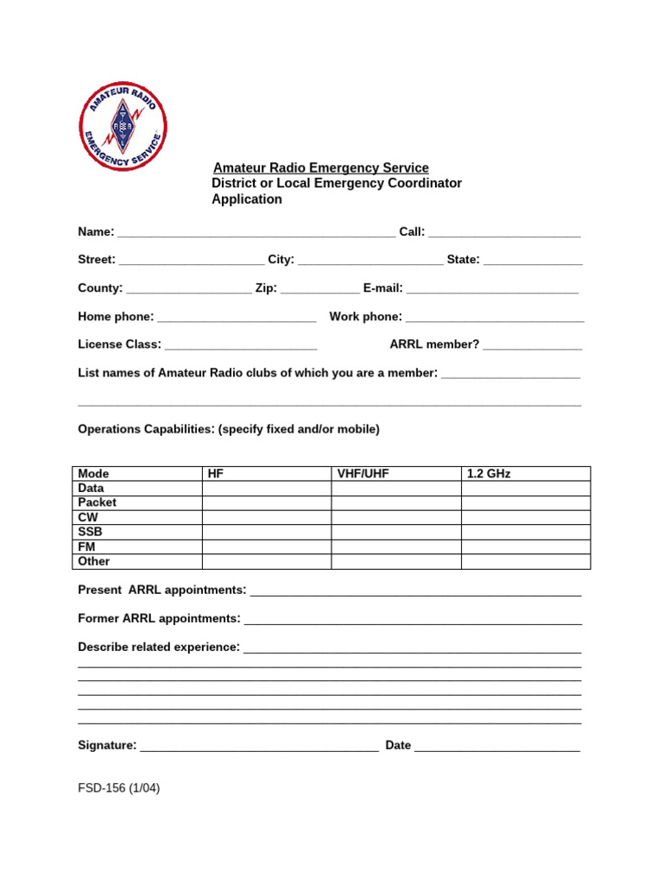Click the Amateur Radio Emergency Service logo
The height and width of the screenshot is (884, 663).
[123, 127]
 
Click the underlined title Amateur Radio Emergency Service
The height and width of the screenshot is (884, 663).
[321, 167]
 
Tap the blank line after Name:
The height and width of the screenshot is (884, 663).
[256, 233]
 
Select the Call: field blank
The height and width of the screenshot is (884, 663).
[504, 233]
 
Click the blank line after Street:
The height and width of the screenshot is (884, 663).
[192, 261]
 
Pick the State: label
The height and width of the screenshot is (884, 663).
[463, 260]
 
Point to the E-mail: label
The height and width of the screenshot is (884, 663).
[382, 288]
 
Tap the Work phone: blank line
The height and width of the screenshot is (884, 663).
[495, 319]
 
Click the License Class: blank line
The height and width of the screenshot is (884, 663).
[241, 346]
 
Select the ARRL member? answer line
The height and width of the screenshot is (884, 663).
[533, 346]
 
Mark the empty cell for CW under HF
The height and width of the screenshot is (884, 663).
[267, 517]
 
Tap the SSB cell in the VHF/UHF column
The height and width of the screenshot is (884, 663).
[396, 532]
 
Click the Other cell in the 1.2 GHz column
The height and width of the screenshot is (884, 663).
[526, 561]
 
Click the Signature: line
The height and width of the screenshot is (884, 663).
[259, 747]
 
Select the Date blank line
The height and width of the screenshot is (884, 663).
[497, 747]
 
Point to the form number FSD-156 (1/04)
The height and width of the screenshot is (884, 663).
[119, 788]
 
